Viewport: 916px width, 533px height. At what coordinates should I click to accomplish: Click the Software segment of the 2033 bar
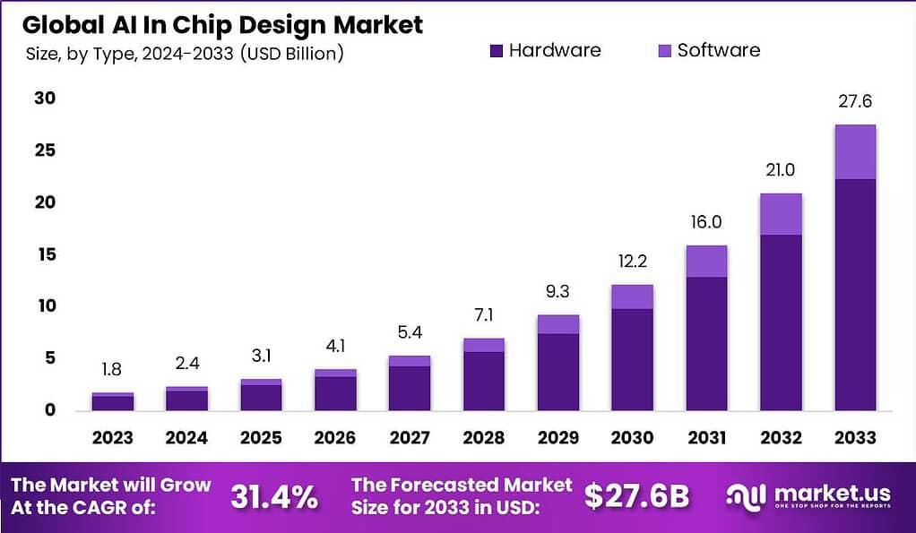pyautogui.click(x=854, y=152)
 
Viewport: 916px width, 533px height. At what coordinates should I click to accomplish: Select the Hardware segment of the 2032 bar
pyautogui.click(x=780, y=322)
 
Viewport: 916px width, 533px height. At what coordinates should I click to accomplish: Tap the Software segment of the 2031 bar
pyautogui.click(x=706, y=262)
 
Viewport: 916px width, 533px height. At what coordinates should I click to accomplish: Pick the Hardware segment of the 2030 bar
pyautogui.click(x=632, y=359)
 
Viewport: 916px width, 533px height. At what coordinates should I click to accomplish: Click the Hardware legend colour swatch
pyautogui.click(x=497, y=51)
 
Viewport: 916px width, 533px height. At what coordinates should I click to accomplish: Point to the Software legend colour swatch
pyautogui.click(x=665, y=51)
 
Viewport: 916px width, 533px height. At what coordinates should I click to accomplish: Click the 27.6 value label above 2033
pyautogui.click(x=854, y=102)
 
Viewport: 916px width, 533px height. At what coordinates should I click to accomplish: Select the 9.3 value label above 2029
pyautogui.click(x=557, y=292)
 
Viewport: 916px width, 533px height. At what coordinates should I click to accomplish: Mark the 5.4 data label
pyautogui.click(x=409, y=333)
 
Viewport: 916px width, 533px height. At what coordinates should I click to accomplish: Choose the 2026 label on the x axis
pyautogui.click(x=335, y=438)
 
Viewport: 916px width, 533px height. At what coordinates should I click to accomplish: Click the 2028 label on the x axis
pyautogui.click(x=483, y=438)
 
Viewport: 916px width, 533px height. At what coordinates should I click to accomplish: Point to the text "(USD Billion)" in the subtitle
pyautogui.click(x=292, y=53)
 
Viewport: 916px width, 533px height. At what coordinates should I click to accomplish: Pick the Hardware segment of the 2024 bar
pyautogui.click(x=186, y=400)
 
